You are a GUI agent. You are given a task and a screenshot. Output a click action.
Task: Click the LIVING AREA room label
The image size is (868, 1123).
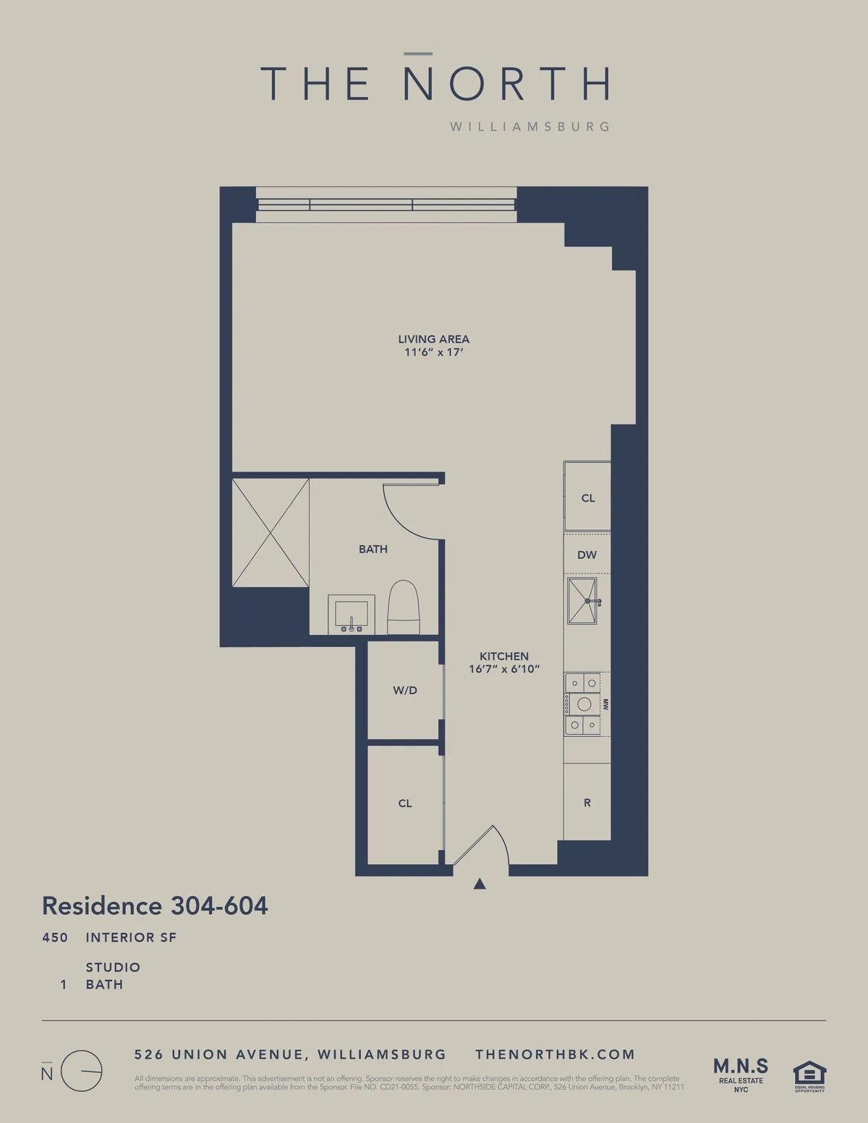433,339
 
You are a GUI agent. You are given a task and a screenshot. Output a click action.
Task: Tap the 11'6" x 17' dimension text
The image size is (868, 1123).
433,353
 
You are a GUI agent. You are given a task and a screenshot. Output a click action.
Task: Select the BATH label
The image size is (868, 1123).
373,550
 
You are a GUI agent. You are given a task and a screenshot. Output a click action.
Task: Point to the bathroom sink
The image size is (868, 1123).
352,614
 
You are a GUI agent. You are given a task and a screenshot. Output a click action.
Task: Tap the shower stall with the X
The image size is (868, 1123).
271,532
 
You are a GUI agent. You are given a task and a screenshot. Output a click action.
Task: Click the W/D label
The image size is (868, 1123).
405,691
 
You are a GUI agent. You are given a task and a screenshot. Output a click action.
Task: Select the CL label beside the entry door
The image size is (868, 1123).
405,803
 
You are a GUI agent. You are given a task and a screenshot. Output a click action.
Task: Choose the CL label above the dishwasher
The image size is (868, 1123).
588,498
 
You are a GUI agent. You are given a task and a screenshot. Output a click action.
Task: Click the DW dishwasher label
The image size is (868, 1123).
587,555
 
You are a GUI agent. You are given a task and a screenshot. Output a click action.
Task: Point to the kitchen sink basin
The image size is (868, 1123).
582,600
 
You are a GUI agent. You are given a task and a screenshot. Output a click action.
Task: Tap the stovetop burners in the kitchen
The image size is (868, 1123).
583,704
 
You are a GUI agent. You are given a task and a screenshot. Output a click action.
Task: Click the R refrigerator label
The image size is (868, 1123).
587,803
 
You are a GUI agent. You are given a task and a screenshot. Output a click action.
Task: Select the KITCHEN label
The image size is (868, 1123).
504,657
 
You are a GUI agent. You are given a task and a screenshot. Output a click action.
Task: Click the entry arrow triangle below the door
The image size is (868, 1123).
480,884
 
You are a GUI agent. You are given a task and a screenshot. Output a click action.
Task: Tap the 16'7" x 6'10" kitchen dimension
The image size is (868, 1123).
504,670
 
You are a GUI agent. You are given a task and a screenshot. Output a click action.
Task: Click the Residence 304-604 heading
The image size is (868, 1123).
156,906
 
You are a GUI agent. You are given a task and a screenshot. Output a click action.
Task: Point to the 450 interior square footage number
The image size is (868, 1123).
55,938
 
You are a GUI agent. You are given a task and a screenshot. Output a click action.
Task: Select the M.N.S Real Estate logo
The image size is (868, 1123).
741,1074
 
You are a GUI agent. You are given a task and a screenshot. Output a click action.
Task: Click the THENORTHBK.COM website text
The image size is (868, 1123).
555,1055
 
